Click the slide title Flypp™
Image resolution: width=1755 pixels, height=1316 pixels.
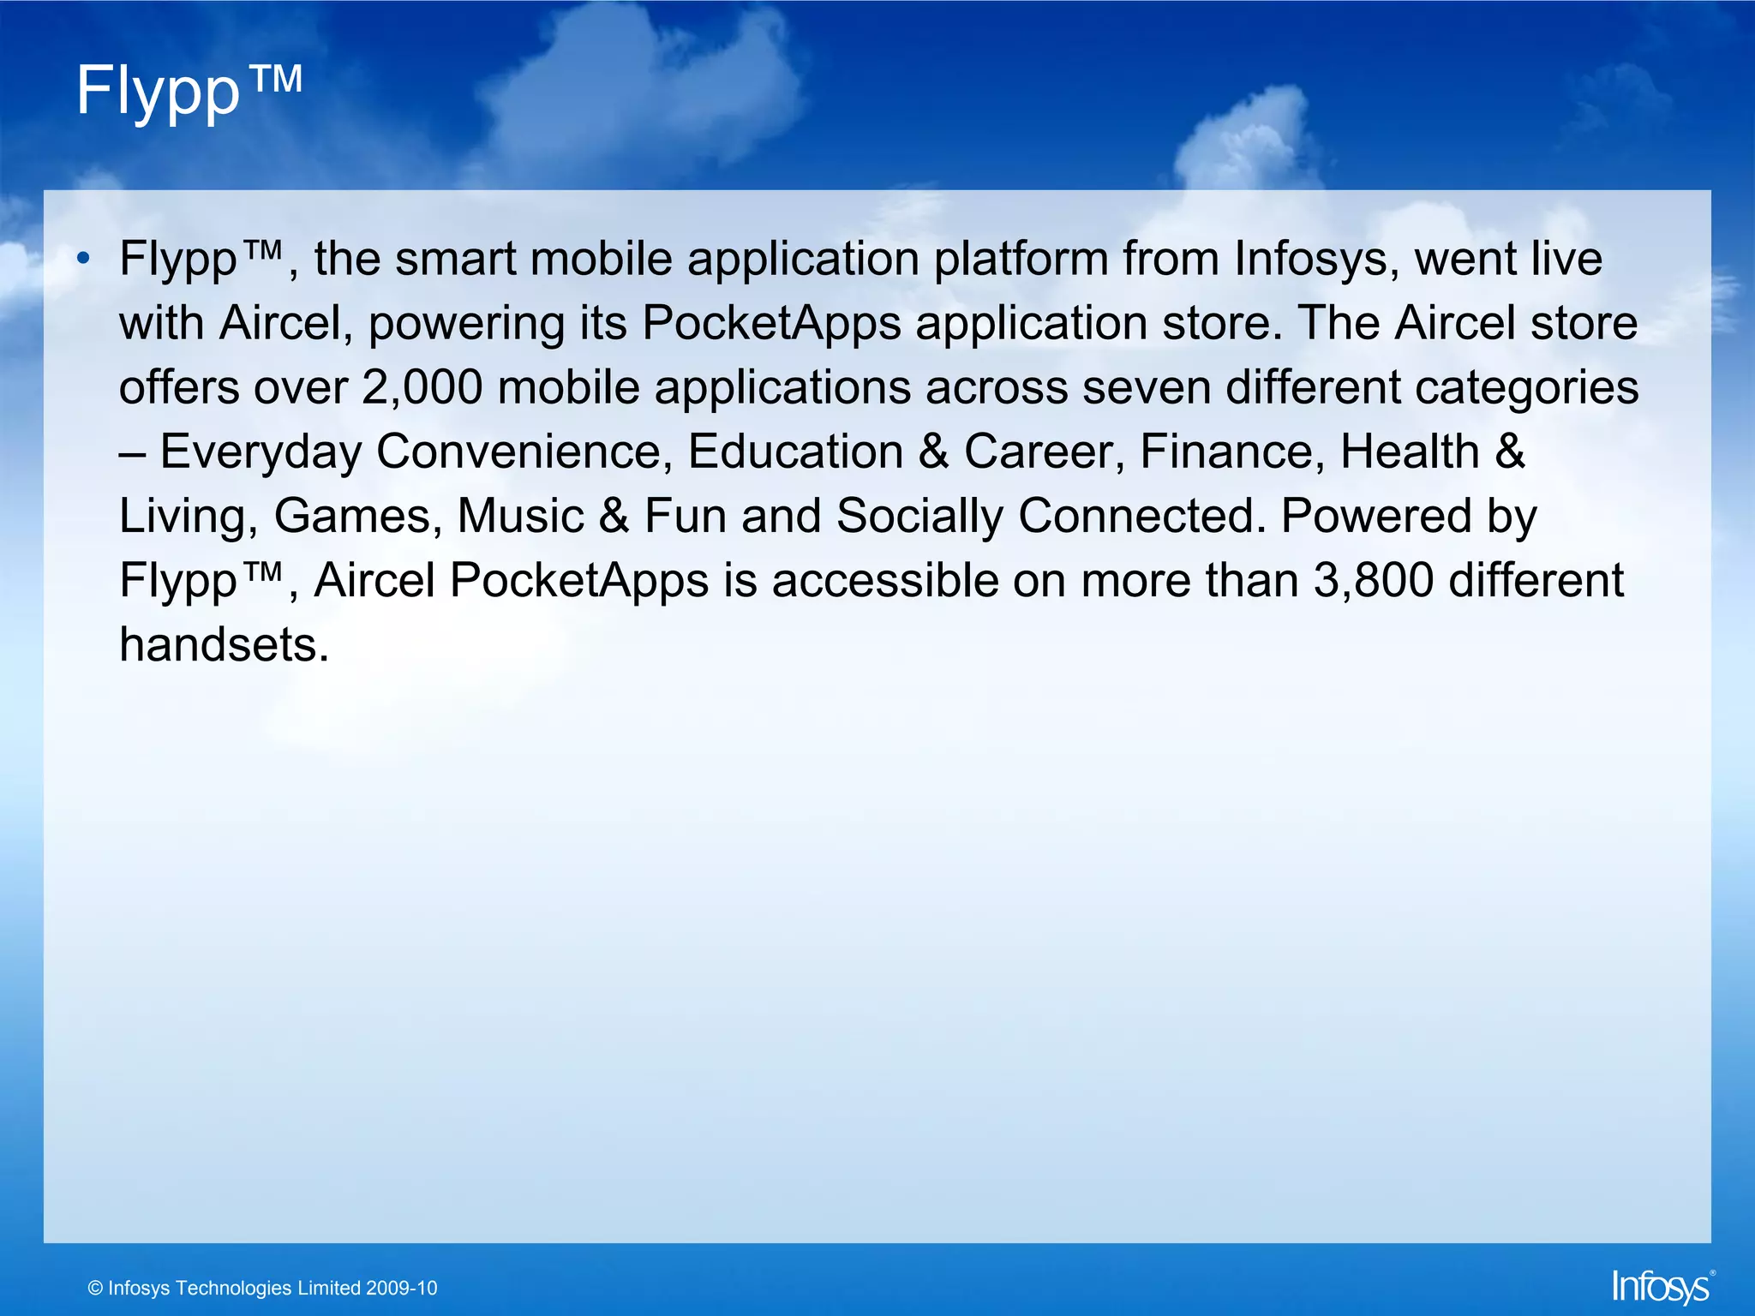[189, 91]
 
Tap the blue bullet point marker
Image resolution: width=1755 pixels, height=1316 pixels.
[82, 259]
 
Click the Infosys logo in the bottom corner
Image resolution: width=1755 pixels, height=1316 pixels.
[1661, 1287]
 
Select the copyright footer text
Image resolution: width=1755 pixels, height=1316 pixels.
[262, 1288]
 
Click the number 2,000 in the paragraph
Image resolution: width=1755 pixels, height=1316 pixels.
[422, 388]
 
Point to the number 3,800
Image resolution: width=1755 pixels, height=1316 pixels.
[1373, 581]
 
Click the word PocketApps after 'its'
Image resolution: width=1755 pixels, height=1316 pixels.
[771, 324]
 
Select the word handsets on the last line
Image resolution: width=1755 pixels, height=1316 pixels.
[223, 645]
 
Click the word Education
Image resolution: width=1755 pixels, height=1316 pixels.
[795, 452]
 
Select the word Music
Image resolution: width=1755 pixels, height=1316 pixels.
[520, 517]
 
